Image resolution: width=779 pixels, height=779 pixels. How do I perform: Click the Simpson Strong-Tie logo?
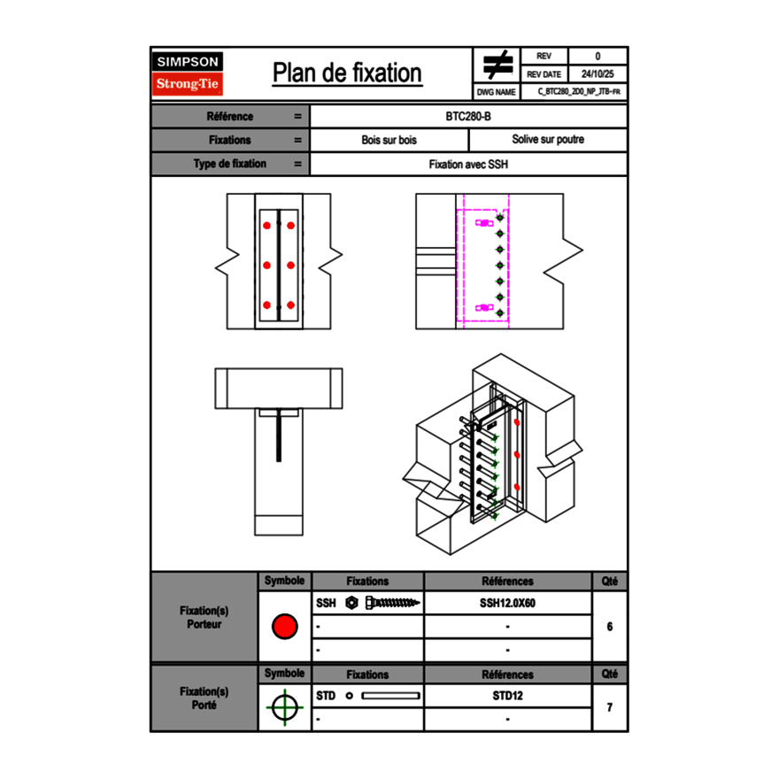click(x=189, y=73)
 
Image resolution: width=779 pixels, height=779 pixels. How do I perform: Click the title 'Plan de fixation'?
click(x=347, y=73)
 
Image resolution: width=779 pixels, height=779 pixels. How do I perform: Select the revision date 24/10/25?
click(x=598, y=74)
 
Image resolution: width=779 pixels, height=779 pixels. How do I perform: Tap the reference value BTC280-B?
click(x=468, y=116)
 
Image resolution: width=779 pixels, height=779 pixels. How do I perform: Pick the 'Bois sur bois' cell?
click(x=389, y=140)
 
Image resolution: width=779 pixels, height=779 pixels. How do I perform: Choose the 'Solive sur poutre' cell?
click(x=547, y=140)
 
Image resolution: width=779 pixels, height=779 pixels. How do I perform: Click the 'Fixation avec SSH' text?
click(x=468, y=164)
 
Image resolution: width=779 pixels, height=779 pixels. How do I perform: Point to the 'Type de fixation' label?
click(x=229, y=164)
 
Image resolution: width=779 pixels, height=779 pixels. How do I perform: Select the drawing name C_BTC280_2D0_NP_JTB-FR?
click(x=579, y=91)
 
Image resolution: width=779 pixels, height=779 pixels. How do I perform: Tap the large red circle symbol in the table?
click(x=284, y=627)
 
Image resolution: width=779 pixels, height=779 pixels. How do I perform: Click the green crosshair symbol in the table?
click(x=284, y=707)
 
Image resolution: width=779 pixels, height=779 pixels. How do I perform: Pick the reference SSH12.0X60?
click(x=507, y=603)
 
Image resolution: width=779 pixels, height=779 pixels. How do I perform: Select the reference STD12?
click(x=507, y=696)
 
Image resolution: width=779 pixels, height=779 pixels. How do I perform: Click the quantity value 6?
click(x=609, y=627)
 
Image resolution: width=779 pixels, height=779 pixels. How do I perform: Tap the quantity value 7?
click(x=609, y=707)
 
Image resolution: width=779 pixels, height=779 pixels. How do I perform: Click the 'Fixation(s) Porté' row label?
click(x=204, y=698)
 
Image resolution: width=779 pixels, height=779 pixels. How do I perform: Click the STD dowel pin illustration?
click(x=390, y=696)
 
